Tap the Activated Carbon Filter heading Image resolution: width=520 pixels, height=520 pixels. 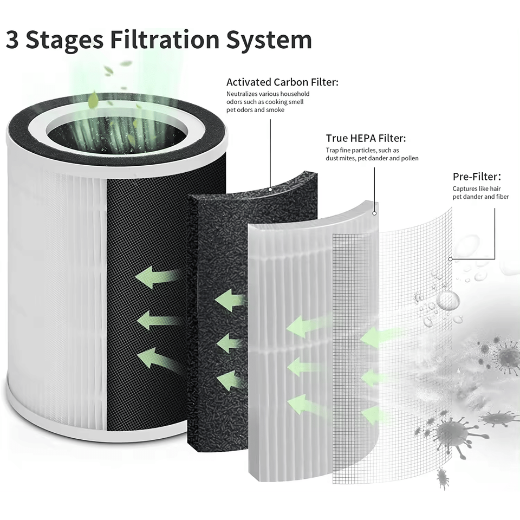coord(282,82)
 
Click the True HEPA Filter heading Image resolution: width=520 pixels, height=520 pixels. coord(366,138)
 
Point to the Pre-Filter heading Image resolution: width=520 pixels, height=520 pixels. coord(476,177)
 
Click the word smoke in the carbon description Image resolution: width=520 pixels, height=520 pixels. coord(275,110)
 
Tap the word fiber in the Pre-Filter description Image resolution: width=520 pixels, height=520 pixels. coord(500,197)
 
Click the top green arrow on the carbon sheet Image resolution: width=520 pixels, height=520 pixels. coord(230,300)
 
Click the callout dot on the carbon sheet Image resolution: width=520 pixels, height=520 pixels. coord(270,189)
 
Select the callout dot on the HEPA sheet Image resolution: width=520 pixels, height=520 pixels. coord(374,213)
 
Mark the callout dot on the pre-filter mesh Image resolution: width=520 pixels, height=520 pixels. coord(451,259)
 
